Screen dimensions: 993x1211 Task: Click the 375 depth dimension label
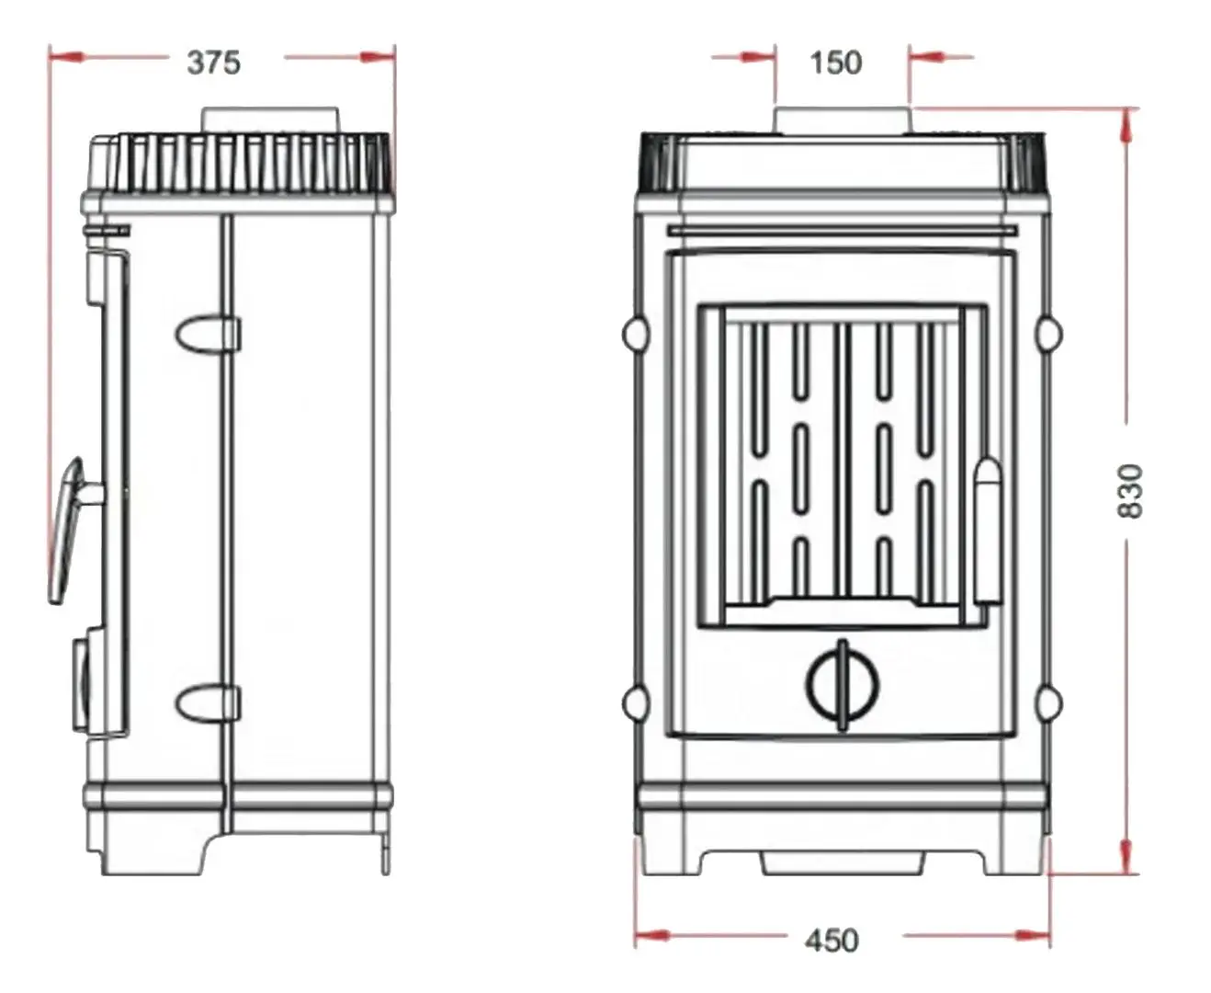[213, 63]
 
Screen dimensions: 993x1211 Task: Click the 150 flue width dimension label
[835, 63]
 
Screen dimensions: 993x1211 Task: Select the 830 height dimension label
[1131, 490]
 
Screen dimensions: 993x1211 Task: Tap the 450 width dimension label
[832, 940]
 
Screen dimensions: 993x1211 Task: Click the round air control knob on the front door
[843, 684]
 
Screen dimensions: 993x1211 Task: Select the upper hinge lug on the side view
[209, 333]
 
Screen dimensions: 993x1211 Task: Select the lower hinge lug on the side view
[209, 704]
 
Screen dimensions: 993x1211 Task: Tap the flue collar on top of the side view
[270, 120]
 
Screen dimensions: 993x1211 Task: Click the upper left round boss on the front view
[635, 333]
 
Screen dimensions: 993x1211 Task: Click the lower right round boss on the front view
[1048, 703]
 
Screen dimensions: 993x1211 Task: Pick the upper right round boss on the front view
[1048, 333]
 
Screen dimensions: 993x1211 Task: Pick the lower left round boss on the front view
[635, 703]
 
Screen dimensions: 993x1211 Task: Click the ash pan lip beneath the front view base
[843, 862]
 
